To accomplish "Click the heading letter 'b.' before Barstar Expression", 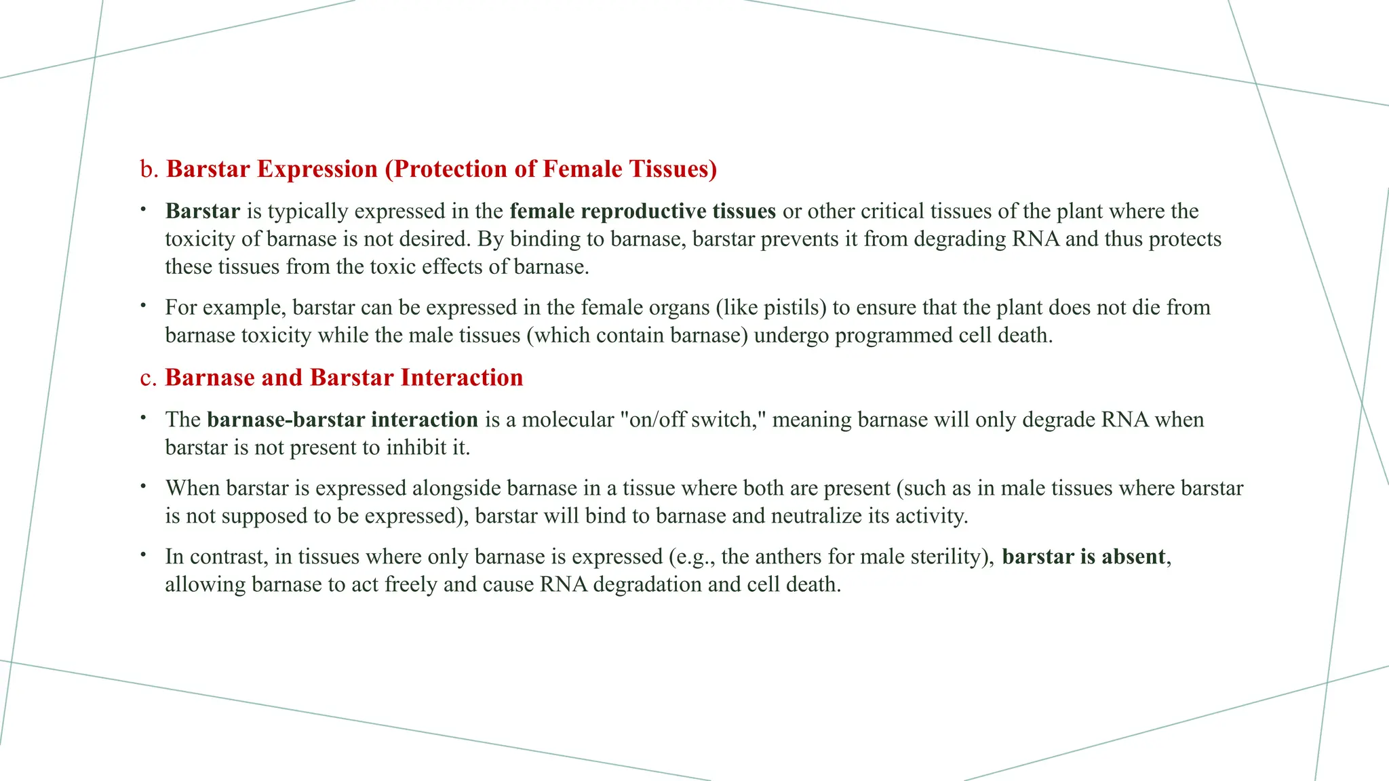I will pyautogui.click(x=149, y=169).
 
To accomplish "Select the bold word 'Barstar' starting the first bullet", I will pyautogui.click(x=202, y=211).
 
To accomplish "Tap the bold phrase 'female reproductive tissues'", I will pyautogui.click(x=642, y=211).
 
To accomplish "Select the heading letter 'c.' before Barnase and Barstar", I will pyautogui.click(x=149, y=378).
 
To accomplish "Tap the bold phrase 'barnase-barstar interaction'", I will pyautogui.click(x=343, y=419).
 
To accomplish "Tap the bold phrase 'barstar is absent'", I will pyautogui.click(x=1083, y=556).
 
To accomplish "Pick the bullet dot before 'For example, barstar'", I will pyautogui.click(x=144, y=306).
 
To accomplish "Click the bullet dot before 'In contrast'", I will pyautogui.click(x=144, y=555).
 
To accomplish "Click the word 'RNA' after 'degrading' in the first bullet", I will pyautogui.click(x=1036, y=239).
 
